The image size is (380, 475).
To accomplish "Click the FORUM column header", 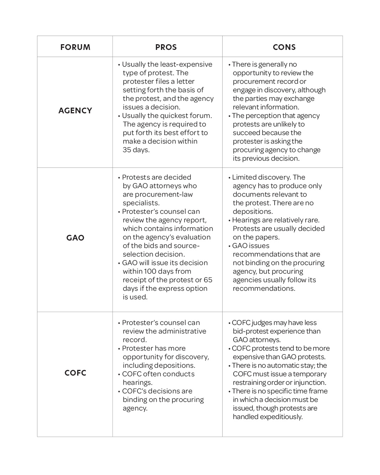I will coord(75,47).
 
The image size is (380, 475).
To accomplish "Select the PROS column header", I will coord(166,47).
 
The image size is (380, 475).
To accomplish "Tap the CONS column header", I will coord(284,47).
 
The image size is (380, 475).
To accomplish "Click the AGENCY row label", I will coord(75,110).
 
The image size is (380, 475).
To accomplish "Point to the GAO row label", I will coord(75,238).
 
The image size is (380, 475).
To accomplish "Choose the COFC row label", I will coord(75,373).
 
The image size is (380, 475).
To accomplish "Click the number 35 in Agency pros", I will coord(127,150).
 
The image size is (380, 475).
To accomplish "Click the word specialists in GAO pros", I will coord(141,203).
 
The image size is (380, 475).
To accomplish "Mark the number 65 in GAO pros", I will coord(208,280).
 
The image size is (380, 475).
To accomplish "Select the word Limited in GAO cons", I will coord(243,177).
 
